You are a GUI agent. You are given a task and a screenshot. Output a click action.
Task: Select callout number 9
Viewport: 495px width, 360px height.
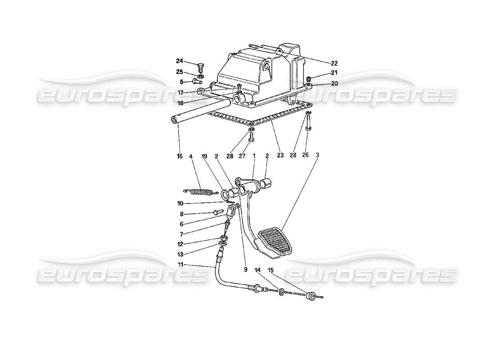point(246,270)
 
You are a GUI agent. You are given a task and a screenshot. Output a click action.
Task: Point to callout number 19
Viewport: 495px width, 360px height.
point(204,157)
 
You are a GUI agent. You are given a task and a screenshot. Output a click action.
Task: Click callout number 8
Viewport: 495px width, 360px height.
point(182,214)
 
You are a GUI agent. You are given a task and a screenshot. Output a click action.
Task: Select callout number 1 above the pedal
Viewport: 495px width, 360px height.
point(254,156)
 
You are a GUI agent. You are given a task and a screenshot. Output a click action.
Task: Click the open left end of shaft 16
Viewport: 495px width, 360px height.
point(175,120)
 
